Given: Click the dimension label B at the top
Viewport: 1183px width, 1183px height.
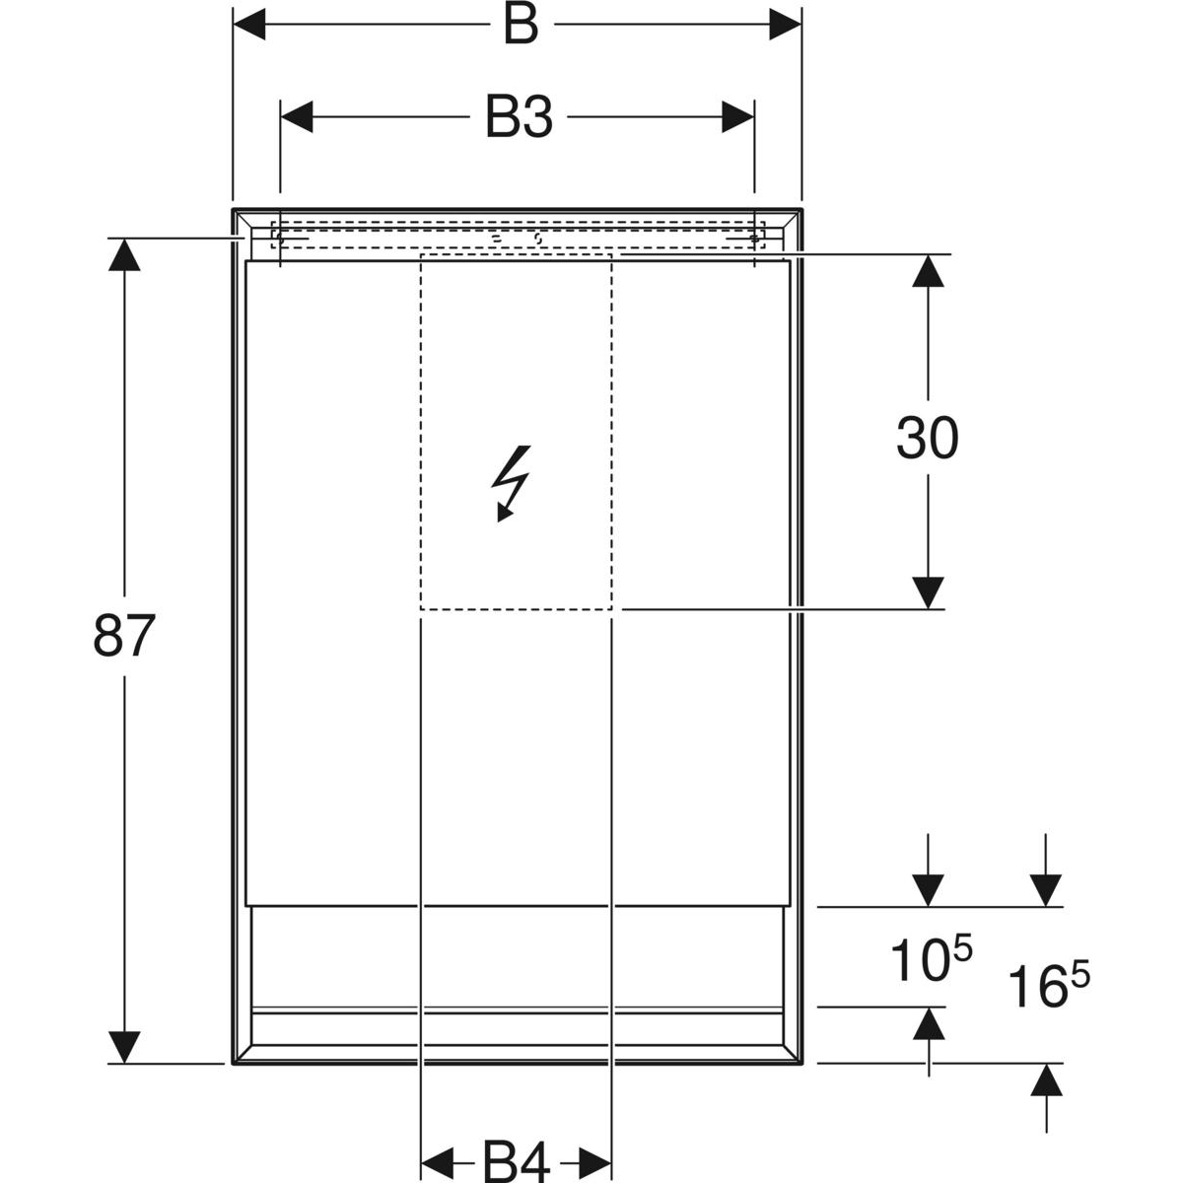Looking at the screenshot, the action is tap(521, 26).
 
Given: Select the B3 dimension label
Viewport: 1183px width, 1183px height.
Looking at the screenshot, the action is tap(519, 118).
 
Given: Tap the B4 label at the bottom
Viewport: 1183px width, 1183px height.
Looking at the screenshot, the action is tap(517, 1161).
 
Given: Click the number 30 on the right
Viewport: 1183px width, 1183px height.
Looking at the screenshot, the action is tap(927, 439).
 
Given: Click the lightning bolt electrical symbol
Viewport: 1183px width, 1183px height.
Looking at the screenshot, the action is tap(511, 484).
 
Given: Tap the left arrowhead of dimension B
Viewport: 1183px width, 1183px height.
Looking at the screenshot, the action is tap(249, 25).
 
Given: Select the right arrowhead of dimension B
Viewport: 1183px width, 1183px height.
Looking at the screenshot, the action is tap(785, 25).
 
